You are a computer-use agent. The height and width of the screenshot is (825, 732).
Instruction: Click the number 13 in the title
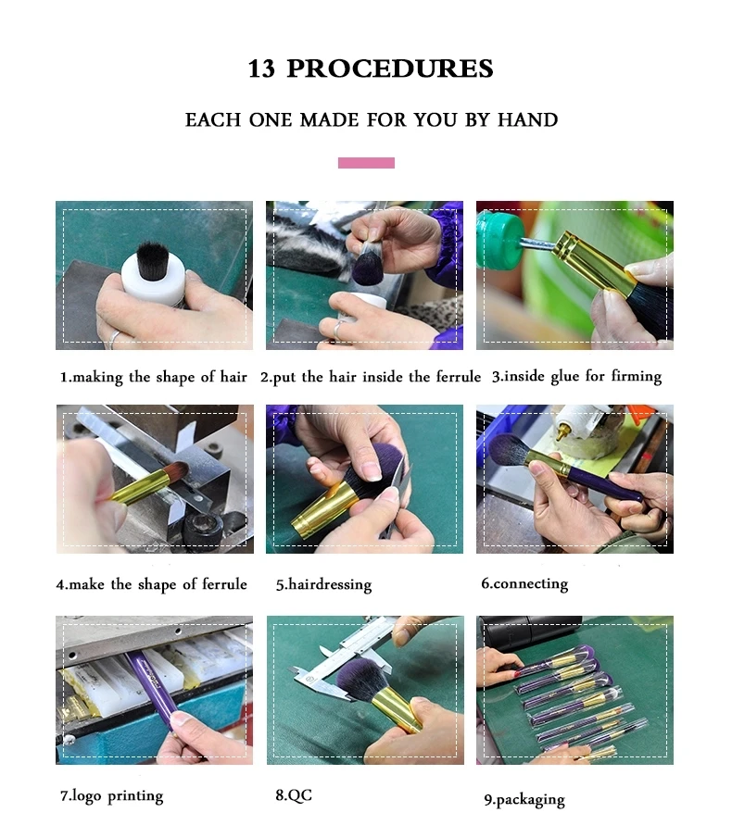tap(261, 69)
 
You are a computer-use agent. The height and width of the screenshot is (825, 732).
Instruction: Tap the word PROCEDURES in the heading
tap(390, 69)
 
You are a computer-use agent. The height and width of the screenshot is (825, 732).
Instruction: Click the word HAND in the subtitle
tap(527, 120)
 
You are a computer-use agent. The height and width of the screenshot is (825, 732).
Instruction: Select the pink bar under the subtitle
tap(366, 163)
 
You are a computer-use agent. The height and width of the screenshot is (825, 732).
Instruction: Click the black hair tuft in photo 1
tap(153, 259)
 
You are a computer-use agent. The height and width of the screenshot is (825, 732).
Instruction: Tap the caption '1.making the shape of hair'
tap(153, 377)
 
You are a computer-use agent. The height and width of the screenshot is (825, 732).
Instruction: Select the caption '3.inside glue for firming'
tap(576, 377)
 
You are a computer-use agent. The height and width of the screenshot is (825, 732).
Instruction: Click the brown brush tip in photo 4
tap(174, 469)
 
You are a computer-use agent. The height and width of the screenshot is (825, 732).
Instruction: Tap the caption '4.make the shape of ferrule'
tap(152, 584)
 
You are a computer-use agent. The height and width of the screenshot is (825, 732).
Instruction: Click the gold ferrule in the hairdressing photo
tap(322, 506)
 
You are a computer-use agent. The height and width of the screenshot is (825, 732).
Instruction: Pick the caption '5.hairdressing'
tap(324, 584)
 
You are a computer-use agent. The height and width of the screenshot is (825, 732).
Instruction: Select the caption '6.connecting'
tap(524, 584)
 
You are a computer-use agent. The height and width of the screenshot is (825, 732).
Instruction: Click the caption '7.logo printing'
tap(111, 796)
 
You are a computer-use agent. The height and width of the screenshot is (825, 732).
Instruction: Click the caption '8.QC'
tap(294, 795)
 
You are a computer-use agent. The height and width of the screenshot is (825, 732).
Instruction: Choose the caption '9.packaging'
tap(524, 800)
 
